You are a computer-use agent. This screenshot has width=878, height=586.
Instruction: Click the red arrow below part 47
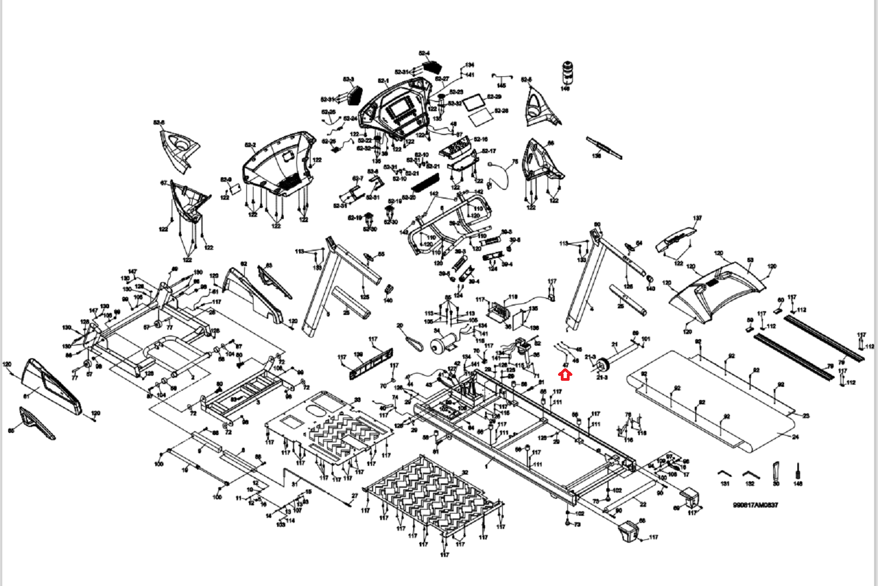[x=565, y=375]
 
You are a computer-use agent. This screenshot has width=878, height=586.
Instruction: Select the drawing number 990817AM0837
[x=755, y=505]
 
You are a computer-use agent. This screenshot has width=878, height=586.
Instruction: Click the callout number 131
[x=725, y=483]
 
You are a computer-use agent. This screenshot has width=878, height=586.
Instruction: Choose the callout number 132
[x=750, y=483]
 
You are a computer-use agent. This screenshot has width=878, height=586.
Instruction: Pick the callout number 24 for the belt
[x=796, y=437]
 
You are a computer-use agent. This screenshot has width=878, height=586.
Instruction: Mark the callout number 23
[x=806, y=416]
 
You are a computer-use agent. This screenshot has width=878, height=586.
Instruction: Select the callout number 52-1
[x=382, y=81]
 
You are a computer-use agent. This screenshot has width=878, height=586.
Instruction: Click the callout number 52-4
[x=424, y=53]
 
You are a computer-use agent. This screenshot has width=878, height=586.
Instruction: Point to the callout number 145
[x=501, y=86]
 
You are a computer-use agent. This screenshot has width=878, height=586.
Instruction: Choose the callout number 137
[x=697, y=218]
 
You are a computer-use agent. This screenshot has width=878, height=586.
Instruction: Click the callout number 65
[x=11, y=431]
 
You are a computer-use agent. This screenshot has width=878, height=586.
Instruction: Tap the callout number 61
[x=26, y=395]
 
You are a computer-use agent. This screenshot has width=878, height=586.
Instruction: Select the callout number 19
[x=185, y=470]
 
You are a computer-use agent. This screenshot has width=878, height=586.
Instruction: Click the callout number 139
[x=358, y=354]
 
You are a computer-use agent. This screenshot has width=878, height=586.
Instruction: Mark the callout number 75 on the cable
[x=515, y=162]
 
